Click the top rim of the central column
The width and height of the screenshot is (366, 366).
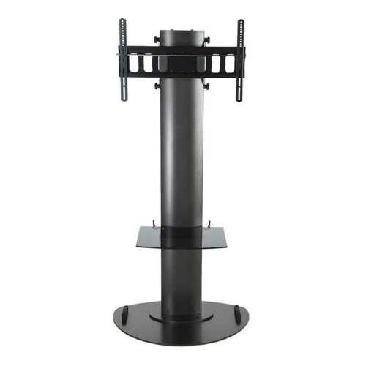pos(182,32)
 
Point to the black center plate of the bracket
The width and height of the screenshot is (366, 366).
pos(182,63)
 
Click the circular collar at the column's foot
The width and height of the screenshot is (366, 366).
pos(182,317)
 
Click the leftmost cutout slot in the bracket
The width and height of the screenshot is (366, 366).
pos(135,64)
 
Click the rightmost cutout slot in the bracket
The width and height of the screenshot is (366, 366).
pos(229,64)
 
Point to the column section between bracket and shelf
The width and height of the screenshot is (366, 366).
pos(182,154)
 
